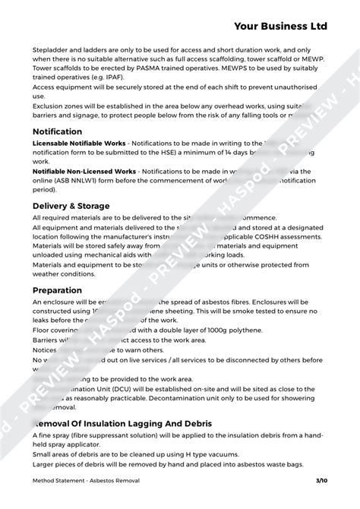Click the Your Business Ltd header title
[280, 26]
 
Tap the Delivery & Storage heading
[71, 206]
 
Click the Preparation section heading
[57, 290]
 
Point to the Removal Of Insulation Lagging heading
[125, 423]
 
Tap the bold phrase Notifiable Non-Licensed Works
[84, 172]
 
